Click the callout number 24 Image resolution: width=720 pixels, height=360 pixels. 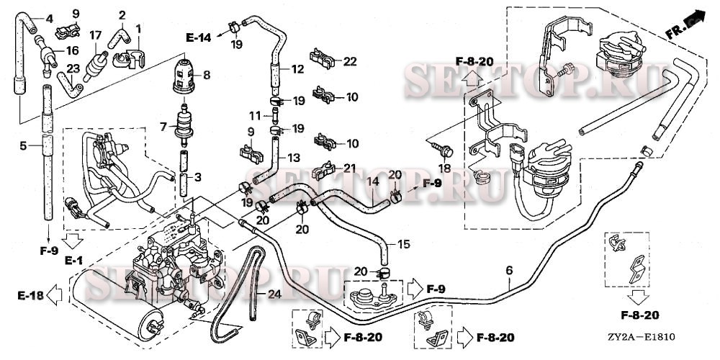[274, 294]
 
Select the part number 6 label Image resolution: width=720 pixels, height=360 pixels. [509, 270]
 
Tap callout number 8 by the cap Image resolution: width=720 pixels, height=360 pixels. [206, 74]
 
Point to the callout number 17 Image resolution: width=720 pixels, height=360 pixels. [95, 35]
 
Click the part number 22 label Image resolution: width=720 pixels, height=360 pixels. [351, 62]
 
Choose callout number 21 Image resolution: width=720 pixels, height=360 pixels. [351, 168]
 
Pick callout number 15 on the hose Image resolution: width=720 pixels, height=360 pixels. [403, 245]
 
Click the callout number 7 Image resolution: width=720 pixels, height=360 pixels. [163, 127]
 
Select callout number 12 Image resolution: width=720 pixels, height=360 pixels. [298, 69]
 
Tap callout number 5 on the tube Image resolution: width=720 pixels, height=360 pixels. [23, 145]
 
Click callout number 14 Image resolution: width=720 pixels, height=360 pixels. [373, 183]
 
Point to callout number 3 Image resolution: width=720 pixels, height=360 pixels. [197, 177]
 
